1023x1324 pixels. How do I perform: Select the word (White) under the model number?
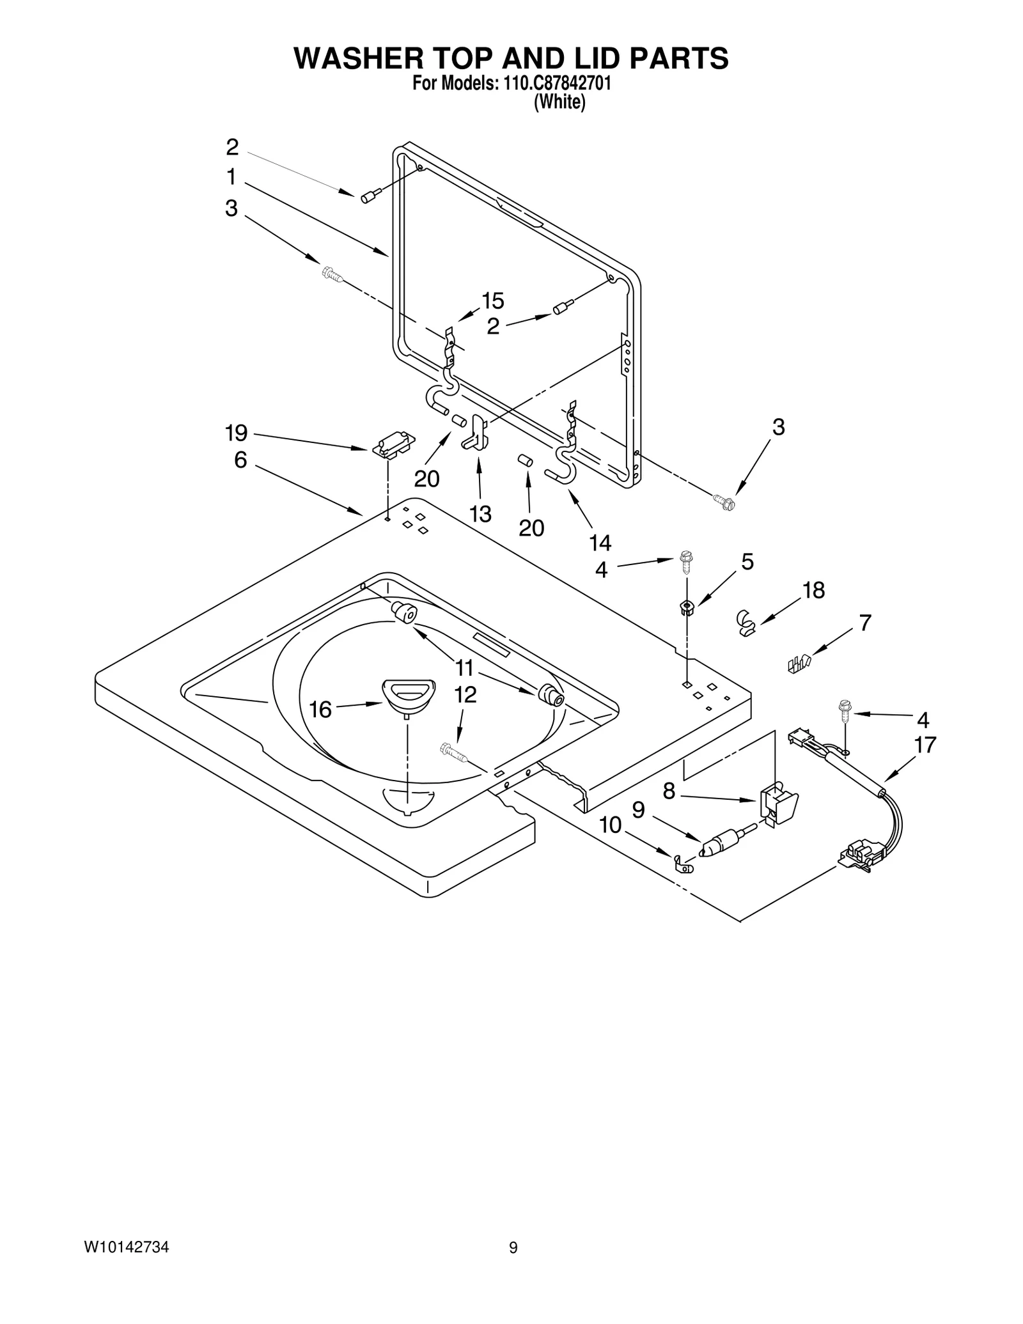[x=559, y=102]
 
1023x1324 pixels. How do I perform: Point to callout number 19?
[x=237, y=433]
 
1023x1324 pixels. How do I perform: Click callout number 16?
[x=320, y=710]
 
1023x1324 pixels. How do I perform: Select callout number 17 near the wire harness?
[x=925, y=745]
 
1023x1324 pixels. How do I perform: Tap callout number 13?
[x=480, y=513]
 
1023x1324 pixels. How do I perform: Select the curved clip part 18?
[x=745, y=622]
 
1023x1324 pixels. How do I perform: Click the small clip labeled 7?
[x=799, y=663]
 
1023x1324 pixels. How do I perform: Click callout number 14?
[x=600, y=543]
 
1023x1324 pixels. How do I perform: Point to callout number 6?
[x=240, y=460]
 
